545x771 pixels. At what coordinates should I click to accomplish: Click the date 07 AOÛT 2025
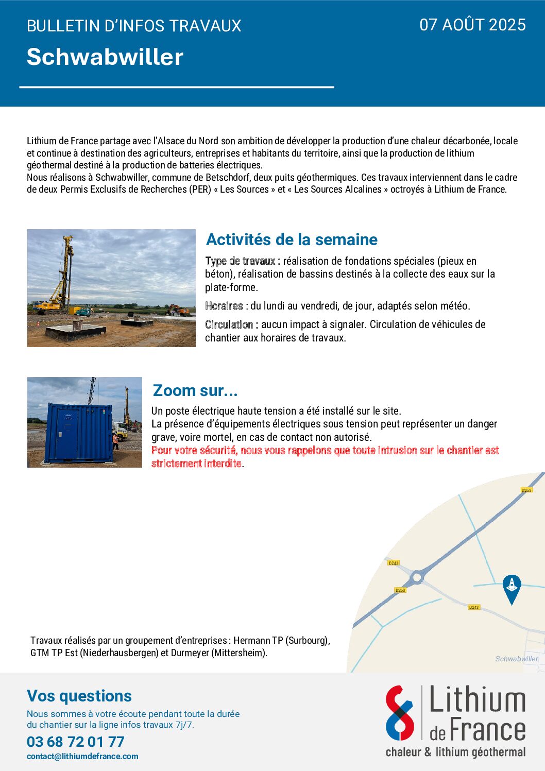click(472, 25)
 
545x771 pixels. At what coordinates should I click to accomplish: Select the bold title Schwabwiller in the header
click(105, 57)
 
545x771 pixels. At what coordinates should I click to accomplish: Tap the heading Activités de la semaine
click(292, 239)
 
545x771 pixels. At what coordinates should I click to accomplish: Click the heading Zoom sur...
click(195, 390)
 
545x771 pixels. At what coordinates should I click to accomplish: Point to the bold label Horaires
click(224, 306)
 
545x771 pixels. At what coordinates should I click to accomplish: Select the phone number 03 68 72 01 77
click(76, 742)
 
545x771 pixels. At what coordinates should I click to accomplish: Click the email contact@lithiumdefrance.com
click(82, 757)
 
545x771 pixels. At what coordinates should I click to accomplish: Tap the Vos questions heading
click(79, 696)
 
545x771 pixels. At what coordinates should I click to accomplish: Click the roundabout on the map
click(417, 577)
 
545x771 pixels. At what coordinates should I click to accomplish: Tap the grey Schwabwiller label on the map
click(516, 659)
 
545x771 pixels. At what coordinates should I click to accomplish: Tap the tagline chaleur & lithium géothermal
click(455, 752)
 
